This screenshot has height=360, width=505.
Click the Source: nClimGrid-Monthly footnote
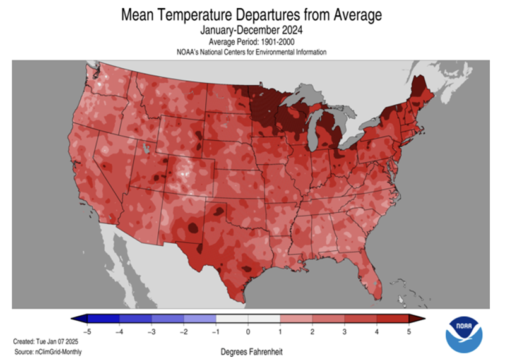point(47,351)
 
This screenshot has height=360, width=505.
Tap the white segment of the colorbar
point(248,318)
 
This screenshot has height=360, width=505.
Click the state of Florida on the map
point(371,278)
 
